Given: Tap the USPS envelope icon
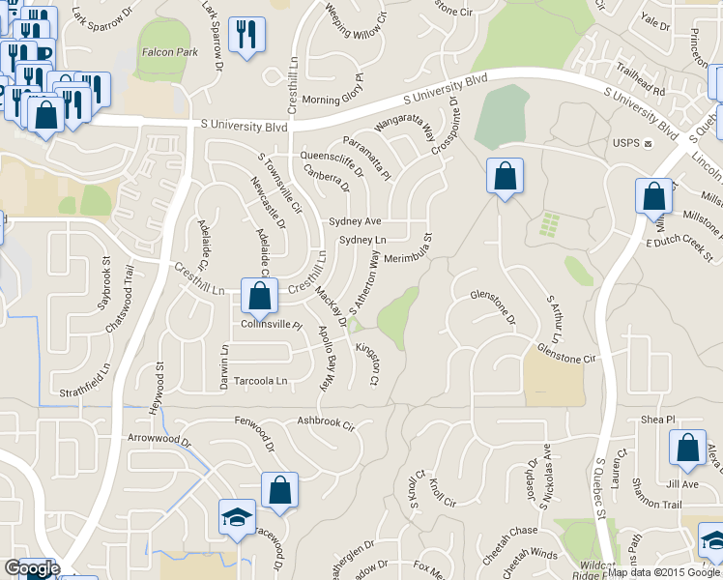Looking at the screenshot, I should click(x=649, y=143).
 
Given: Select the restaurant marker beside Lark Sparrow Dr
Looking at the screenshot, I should click(x=247, y=35).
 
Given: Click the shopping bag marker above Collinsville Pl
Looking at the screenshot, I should click(x=259, y=295).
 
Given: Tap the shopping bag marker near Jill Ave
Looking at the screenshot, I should click(x=687, y=448).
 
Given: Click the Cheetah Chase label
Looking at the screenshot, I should click(x=509, y=531).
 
